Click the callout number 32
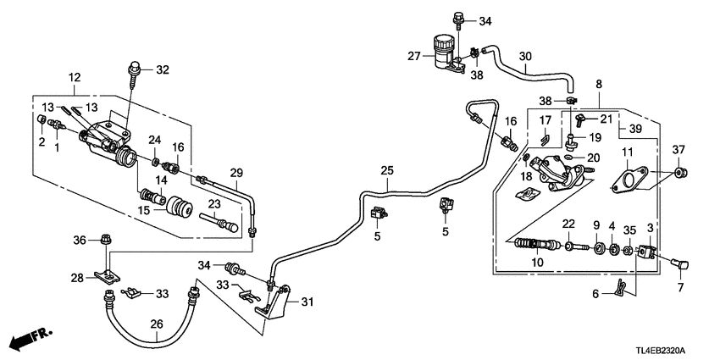click(x=163, y=69)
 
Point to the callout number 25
click(x=386, y=171)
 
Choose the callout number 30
click(x=525, y=57)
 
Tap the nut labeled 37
click(x=682, y=175)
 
